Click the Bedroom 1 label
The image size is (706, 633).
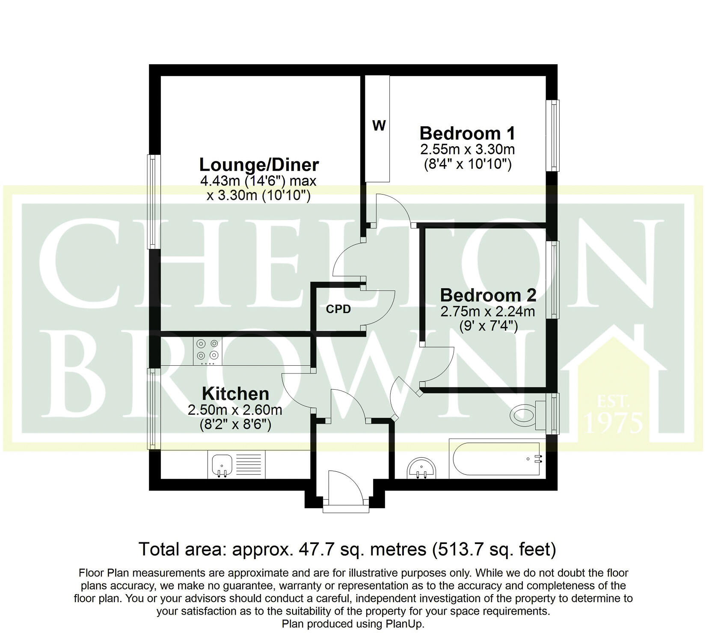467,133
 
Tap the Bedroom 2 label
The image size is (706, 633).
488,296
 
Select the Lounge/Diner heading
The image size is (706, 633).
259,165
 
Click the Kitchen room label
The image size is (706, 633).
235,394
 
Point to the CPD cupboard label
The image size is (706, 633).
338,309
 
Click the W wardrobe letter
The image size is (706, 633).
379,126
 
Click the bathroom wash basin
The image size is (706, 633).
421,468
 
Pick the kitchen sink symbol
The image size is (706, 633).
222,465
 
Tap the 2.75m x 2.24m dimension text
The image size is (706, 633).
488,311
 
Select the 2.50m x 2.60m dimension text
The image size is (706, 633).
235,410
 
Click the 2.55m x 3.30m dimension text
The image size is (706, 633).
467,150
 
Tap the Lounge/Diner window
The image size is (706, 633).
152,201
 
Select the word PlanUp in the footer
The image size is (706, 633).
405,624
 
